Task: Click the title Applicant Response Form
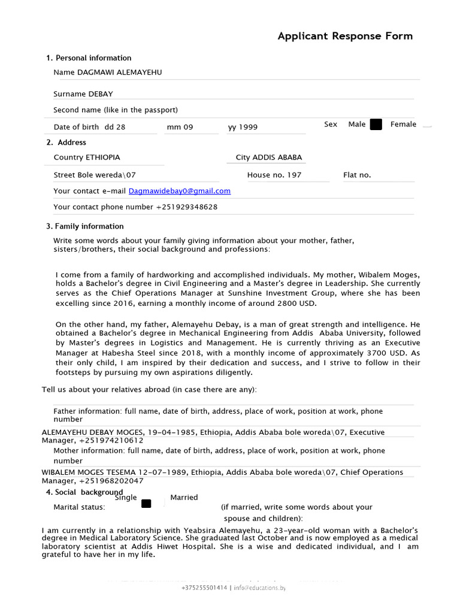point(345,36)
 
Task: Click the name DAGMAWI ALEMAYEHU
point(119,73)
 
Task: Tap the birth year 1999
point(248,127)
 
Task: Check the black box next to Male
point(376,125)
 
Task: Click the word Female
point(403,124)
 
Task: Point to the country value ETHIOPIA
point(102,158)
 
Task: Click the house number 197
point(293,175)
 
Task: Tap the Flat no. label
point(357,175)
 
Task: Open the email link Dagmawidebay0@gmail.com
point(179,191)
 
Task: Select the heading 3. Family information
point(85,227)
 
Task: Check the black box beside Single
point(146,504)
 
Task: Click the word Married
point(184,498)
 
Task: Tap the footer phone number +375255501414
point(204,588)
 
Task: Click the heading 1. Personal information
point(89,58)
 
